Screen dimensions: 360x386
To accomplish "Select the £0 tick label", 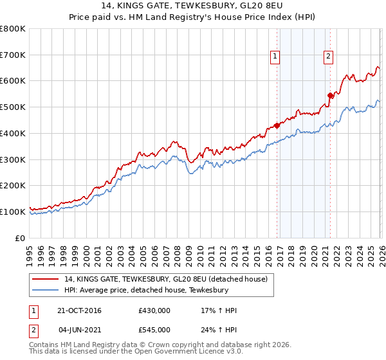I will pyautogui.click(x=21, y=238).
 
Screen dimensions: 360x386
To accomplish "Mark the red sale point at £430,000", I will pyautogui.click(x=277, y=125).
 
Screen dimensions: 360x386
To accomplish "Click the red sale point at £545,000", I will pyautogui.click(x=330, y=95).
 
